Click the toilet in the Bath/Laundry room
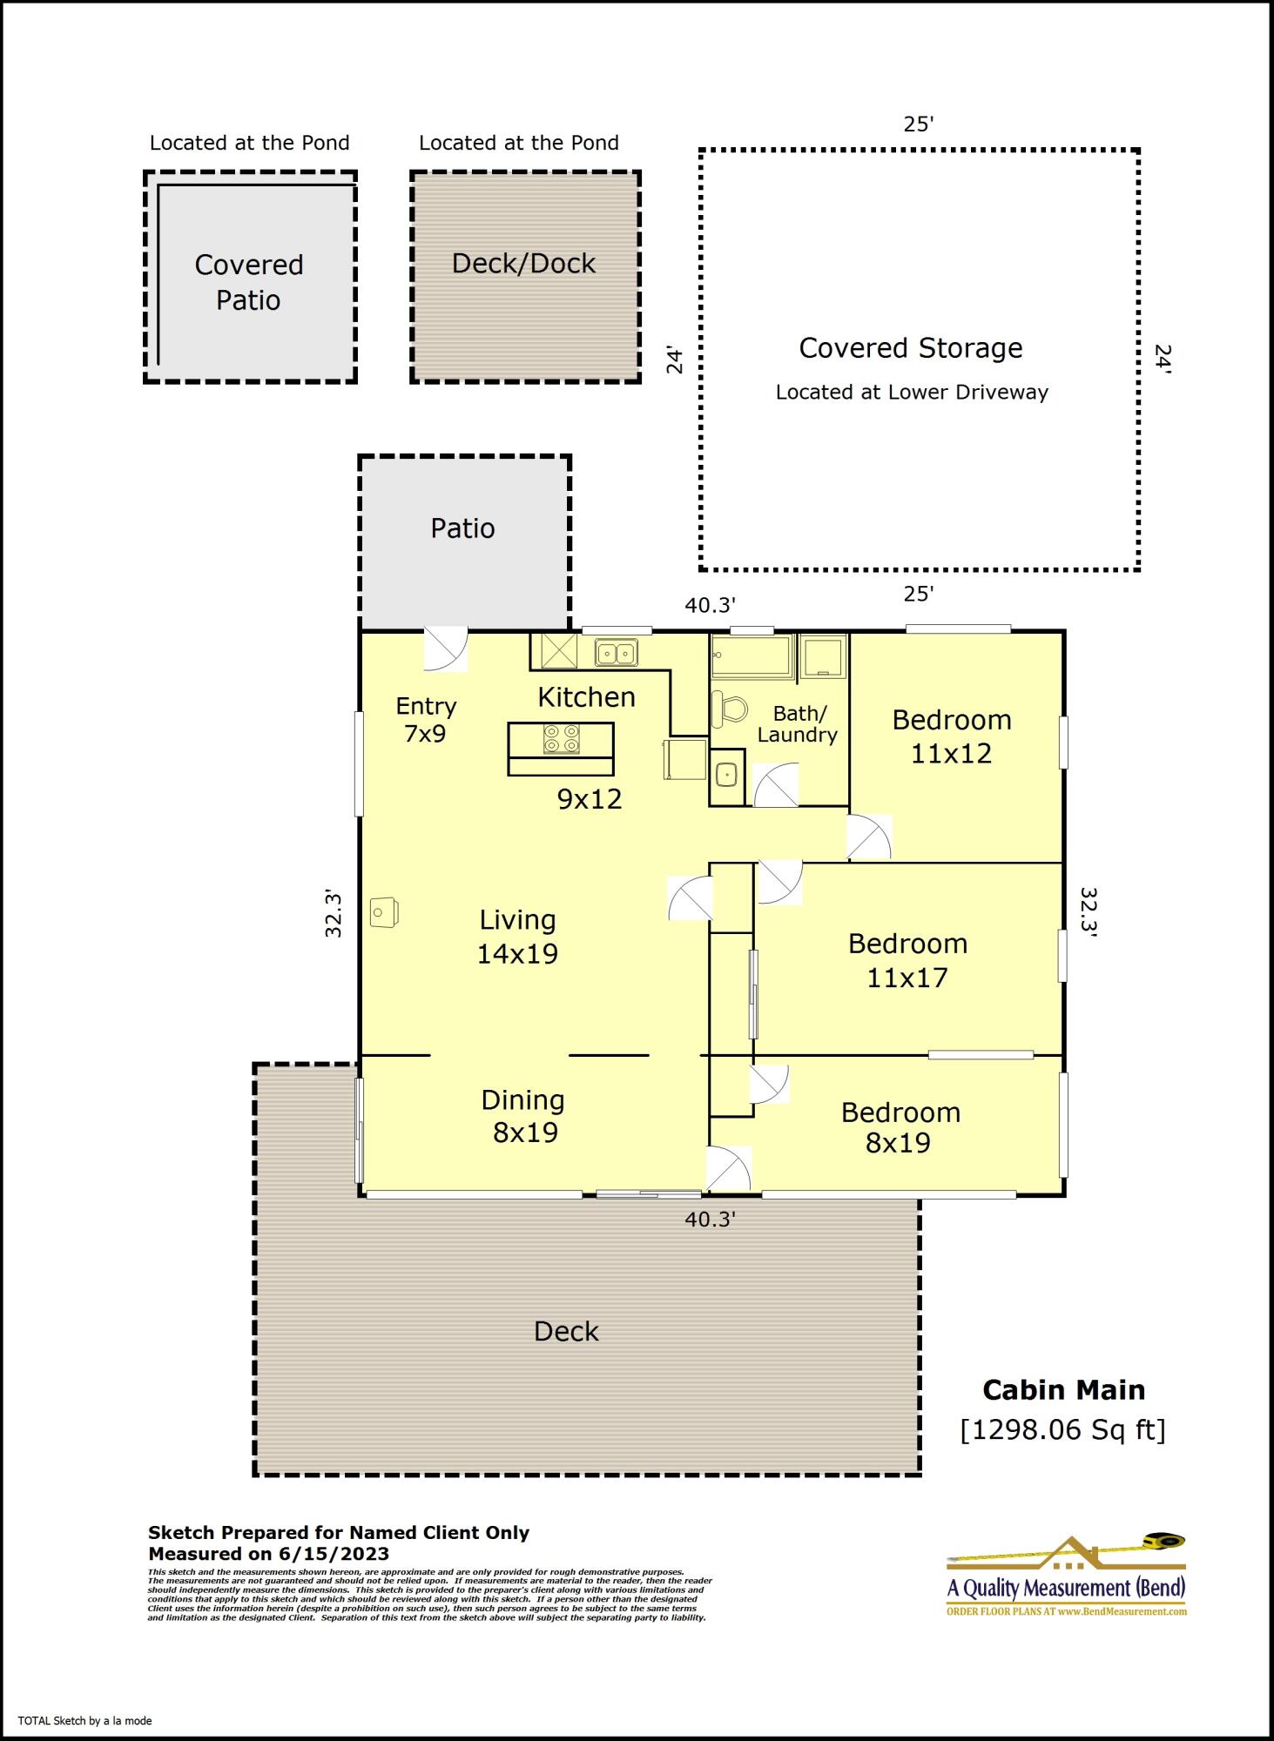[729, 709]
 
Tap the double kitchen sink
[616, 652]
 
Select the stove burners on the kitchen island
[561, 739]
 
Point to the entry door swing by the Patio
[444, 649]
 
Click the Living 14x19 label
[517, 937]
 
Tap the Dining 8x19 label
[523, 1116]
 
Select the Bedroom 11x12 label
[951, 736]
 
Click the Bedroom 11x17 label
[907, 960]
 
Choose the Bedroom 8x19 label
[900, 1127]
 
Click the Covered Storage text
[911, 348]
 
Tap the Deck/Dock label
[523, 264]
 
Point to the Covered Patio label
[249, 282]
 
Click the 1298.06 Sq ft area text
[1062, 1429]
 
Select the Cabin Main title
[1063, 1390]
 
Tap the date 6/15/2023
[334, 1554]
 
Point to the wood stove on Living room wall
[383, 912]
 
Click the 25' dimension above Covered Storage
[918, 124]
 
